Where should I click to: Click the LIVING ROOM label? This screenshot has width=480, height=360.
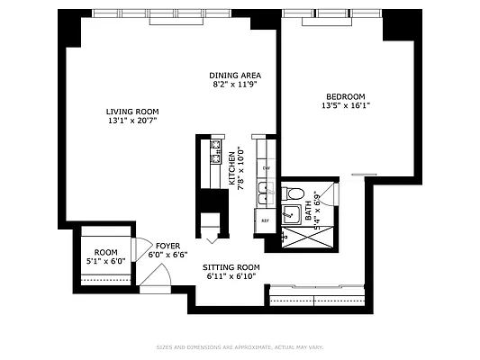[132, 112]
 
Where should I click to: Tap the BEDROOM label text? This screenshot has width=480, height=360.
[346, 96]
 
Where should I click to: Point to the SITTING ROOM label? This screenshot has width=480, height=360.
[231, 267]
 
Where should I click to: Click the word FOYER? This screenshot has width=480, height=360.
[168, 246]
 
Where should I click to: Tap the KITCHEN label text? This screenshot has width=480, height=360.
[231, 168]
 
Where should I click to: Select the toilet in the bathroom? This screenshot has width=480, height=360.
[293, 193]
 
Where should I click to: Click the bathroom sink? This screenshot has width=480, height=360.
[292, 214]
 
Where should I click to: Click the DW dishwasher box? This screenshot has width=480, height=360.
[266, 168]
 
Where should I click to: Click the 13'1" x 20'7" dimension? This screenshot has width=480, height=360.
[132, 121]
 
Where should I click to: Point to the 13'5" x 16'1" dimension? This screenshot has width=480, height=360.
[346, 105]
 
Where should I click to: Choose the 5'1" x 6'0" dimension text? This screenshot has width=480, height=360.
[106, 262]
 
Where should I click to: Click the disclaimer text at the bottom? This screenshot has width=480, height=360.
[240, 346]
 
